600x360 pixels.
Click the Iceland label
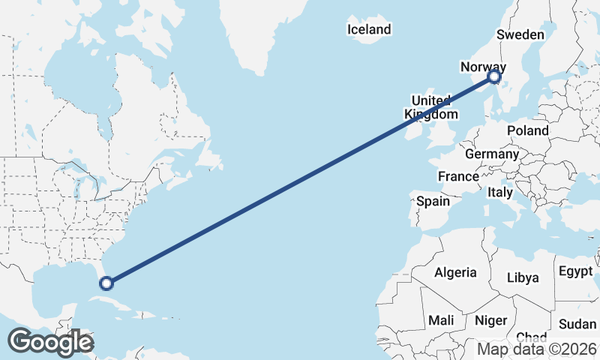(x=369, y=29)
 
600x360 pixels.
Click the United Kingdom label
(x=430, y=108)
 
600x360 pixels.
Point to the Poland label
(x=527, y=130)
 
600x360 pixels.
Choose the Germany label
(x=492, y=154)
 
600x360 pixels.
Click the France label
(x=458, y=176)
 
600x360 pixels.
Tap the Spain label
(x=433, y=201)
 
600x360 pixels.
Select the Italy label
(x=500, y=192)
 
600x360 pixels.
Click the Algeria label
(x=456, y=272)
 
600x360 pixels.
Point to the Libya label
(x=523, y=277)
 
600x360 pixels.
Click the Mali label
(x=441, y=320)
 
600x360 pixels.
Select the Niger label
(x=491, y=320)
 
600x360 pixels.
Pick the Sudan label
(x=577, y=324)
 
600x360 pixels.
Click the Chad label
(x=531, y=337)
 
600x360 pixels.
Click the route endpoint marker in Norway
(x=494, y=76)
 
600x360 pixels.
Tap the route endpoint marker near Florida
(x=106, y=283)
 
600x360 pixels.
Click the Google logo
(x=50, y=342)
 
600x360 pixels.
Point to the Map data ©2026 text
(x=537, y=349)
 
